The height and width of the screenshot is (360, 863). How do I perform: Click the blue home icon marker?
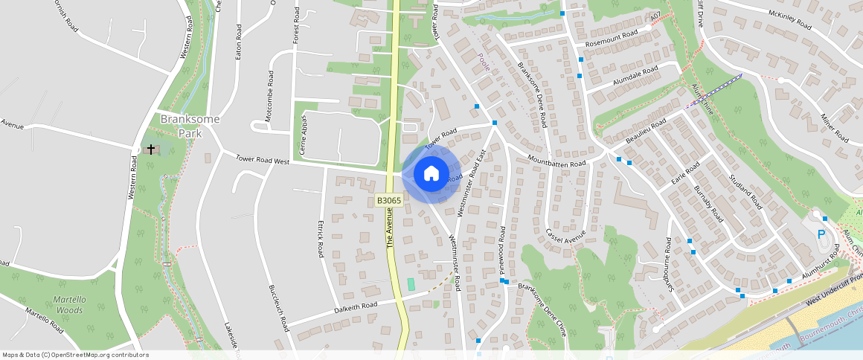click(x=431, y=175)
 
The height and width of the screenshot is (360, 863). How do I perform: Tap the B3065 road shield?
click(x=388, y=200)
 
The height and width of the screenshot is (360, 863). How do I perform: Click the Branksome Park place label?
click(x=179, y=126)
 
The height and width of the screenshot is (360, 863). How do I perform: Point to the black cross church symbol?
click(x=151, y=150)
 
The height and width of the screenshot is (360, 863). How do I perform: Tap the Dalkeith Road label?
click(x=356, y=306)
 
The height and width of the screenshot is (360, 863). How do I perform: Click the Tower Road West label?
click(x=262, y=160)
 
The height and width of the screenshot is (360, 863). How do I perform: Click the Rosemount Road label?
click(x=612, y=36)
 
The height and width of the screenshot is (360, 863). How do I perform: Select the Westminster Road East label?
click(x=471, y=182)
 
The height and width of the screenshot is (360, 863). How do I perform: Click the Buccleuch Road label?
click(x=278, y=309)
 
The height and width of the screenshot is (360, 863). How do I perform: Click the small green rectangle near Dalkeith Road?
click(x=411, y=284)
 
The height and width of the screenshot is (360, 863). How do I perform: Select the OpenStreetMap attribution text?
click(x=75, y=355)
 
